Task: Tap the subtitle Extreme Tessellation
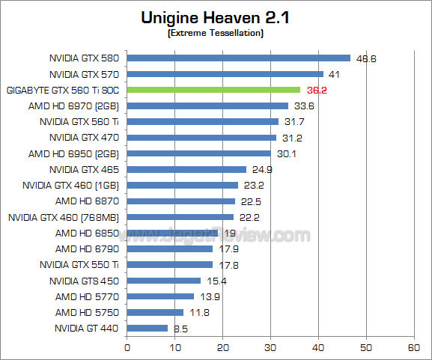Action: click(x=216, y=34)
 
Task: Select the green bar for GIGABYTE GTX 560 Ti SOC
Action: click(x=213, y=90)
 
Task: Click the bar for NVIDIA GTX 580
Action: click(x=239, y=58)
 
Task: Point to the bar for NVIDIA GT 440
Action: click(x=147, y=328)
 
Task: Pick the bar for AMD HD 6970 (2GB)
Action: click(x=207, y=106)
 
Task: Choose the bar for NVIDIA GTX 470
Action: click(x=202, y=137)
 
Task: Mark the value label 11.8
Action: click(x=199, y=312)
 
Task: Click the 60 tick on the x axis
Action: click(x=413, y=348)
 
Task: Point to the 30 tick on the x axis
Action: click(x=270, y=348)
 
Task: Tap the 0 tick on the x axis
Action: click(x=127, y=348)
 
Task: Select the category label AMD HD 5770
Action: click(x=87, y=296)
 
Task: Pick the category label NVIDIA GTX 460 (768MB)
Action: click(x=64, y=217)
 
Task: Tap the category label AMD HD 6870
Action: click(x=87, y=201)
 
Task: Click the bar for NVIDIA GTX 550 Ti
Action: click(x=170, y=264)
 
